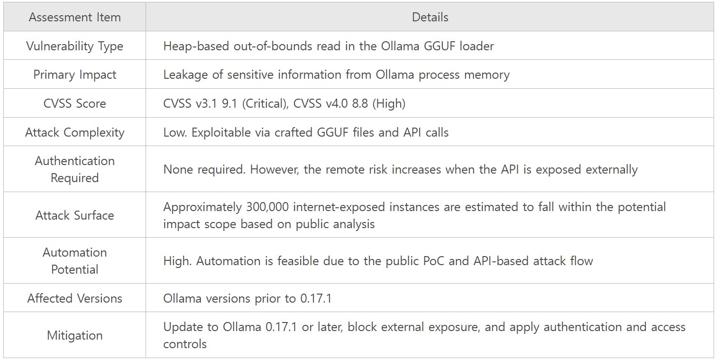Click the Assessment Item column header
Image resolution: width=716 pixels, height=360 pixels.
75,17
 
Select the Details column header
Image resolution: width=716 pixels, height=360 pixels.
430,17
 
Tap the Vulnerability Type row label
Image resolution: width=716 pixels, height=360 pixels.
75,46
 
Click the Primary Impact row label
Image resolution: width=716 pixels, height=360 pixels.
75,74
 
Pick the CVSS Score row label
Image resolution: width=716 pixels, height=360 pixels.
75,103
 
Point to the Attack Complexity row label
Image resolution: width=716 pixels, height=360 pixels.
75,132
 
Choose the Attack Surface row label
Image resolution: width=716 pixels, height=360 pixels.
75,215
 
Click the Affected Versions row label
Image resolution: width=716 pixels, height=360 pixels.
75,298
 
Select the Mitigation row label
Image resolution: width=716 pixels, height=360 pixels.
75,335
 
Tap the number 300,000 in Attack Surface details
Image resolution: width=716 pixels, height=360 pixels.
267,207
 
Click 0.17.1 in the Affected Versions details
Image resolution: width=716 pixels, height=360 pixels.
316,298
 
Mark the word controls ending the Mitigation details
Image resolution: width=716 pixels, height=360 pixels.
185,344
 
